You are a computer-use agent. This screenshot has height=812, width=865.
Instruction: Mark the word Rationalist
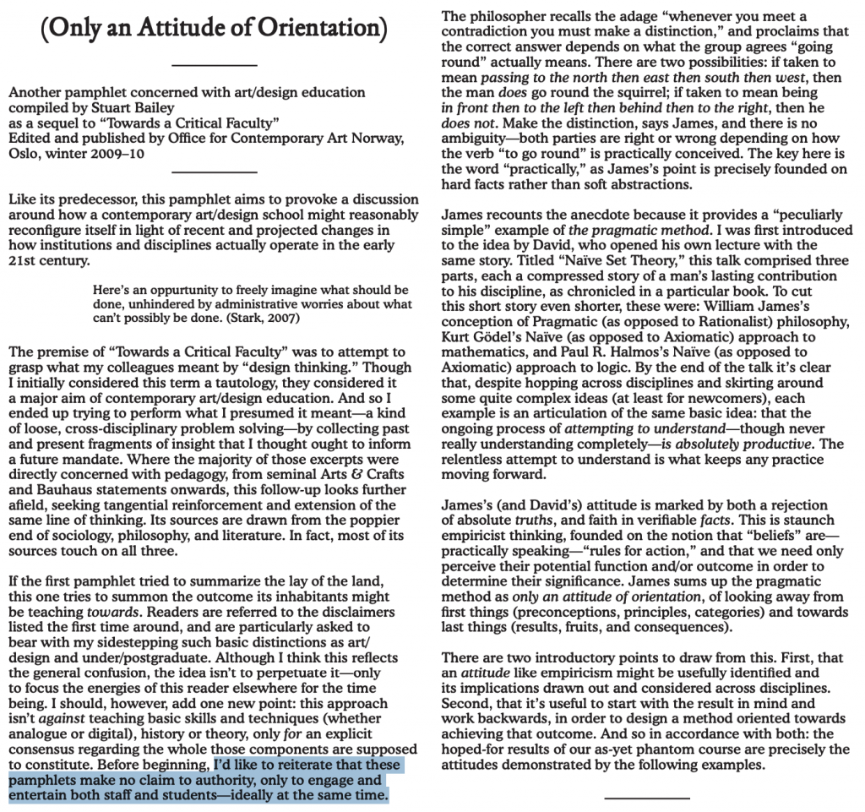(x=717, y=322)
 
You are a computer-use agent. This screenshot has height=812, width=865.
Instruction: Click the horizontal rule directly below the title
(x=214, y=65)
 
